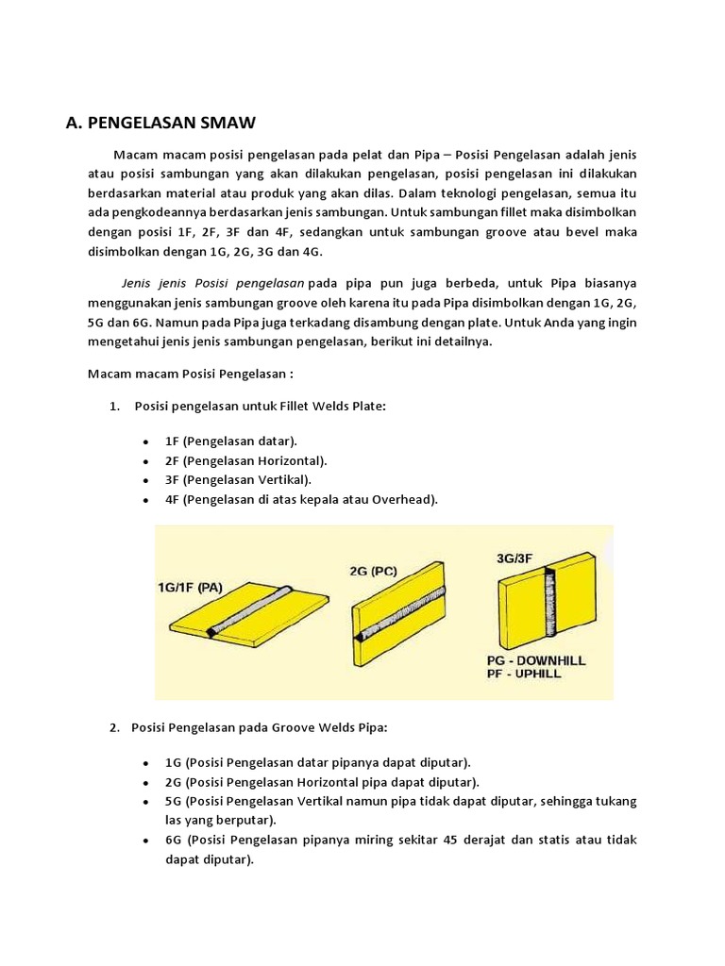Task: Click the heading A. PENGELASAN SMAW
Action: click(160, 123)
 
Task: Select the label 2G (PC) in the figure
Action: click(374, 571)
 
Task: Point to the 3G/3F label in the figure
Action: click(520, 558)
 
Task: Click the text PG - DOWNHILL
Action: click(536, 660)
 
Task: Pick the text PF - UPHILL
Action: click(525, 675)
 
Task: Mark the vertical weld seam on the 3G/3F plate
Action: click(548, 608)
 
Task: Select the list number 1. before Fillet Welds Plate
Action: click(114, 406)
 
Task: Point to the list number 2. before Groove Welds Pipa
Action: click(114, 728)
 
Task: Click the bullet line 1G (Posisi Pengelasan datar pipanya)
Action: click(317, 762)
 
